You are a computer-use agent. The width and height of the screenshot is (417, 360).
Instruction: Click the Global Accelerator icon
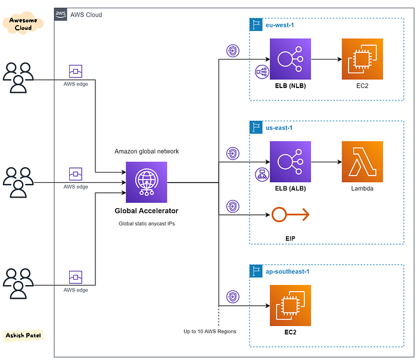point(147,182)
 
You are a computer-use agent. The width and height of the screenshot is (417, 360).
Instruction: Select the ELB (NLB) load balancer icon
point(290,59)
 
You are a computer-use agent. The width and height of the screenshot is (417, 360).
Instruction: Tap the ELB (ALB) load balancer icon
point(290,161)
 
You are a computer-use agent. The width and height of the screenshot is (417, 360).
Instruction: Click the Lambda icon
point(362,161)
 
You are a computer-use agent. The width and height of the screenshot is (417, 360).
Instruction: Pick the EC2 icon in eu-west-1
point(362,59)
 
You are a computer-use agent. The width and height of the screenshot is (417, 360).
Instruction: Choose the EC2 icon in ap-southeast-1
point(290,305)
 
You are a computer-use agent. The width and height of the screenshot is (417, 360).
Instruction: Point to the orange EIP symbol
point(290,214)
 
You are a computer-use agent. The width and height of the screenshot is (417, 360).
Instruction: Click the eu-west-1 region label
point(280,25)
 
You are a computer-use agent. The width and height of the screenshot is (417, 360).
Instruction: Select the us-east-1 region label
point(279,128)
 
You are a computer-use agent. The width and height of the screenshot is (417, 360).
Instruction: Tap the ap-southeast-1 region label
point(288,271)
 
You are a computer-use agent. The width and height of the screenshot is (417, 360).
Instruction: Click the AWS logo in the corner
point(60,14)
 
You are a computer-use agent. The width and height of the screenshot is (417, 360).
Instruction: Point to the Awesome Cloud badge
point(23,24)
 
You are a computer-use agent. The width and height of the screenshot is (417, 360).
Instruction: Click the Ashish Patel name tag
point(23,335)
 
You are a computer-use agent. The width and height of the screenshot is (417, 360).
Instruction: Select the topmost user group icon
point(18,77)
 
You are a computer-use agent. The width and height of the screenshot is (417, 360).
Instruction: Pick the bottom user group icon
point(18,283)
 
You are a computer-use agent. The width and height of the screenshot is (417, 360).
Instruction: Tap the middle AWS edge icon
point(76,174)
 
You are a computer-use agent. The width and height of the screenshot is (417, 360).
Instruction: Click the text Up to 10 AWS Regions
point(210,331)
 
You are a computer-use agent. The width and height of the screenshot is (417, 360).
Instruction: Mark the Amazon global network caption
point(147,151)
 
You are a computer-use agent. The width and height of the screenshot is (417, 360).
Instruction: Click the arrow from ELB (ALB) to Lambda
point(326,161)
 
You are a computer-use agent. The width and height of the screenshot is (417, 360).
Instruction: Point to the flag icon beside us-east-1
point(256,127)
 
